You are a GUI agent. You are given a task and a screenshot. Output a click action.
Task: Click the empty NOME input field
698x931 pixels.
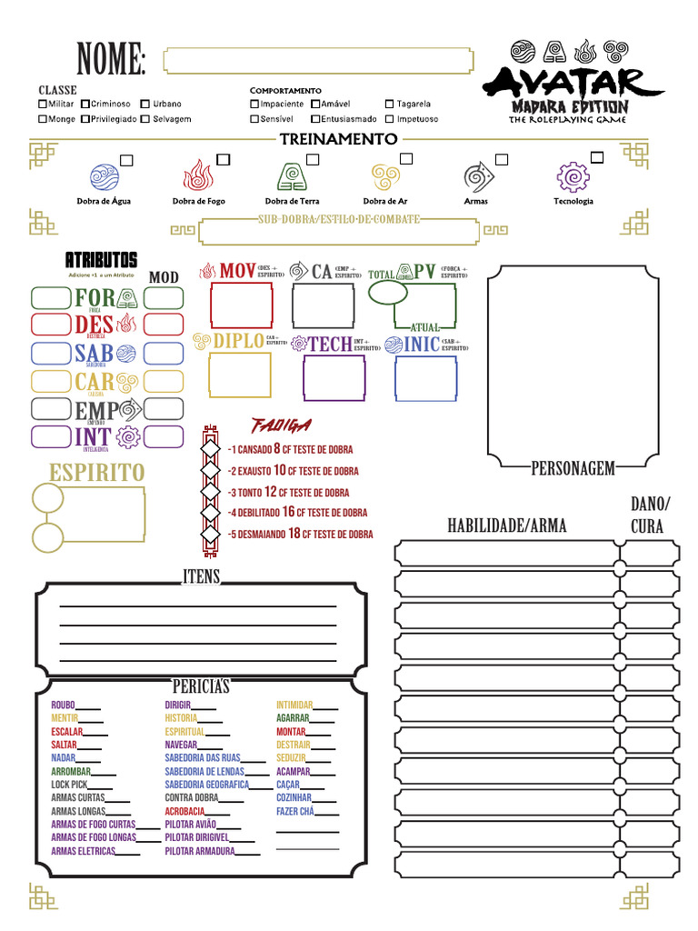point(317,61)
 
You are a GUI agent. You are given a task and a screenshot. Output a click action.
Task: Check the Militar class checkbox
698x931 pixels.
point(43,105)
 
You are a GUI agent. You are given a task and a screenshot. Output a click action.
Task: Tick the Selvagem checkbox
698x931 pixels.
point(145,119)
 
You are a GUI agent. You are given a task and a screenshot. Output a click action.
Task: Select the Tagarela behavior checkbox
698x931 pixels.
point(390,105)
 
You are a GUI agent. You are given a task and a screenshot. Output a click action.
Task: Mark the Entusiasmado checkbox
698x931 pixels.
point(315,119)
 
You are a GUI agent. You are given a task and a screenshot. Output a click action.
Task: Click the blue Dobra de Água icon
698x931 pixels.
point(104,176)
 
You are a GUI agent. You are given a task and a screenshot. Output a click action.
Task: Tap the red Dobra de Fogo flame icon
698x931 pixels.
point(198,175)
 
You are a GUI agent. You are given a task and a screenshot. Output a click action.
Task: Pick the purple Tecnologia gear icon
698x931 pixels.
point(573,176)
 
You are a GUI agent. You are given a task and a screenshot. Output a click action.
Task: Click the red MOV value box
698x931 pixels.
point(241,305)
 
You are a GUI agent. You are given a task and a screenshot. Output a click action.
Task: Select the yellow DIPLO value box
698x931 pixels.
point(240,375)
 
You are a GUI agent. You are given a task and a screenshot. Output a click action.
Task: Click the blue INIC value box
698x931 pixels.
point(425,378)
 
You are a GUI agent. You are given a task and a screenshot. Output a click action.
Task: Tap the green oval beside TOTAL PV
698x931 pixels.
point(388,292)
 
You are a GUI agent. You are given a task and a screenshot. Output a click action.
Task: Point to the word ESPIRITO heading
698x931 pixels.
point(96,473)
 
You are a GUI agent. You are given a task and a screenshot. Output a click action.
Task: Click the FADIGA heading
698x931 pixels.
point(281,425)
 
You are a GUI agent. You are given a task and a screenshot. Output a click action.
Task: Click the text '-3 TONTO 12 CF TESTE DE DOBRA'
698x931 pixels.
point(288,492)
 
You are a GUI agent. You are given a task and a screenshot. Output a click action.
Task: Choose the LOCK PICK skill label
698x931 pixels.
point(69,784)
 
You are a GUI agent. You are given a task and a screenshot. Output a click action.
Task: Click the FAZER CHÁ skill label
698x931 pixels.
point(294,811)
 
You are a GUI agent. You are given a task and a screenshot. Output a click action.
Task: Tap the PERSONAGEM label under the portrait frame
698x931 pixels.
point(573,468)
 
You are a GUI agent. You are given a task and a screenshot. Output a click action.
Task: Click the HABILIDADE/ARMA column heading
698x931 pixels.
point(506,526)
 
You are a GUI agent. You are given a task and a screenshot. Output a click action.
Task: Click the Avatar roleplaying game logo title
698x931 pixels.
point(573,84)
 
